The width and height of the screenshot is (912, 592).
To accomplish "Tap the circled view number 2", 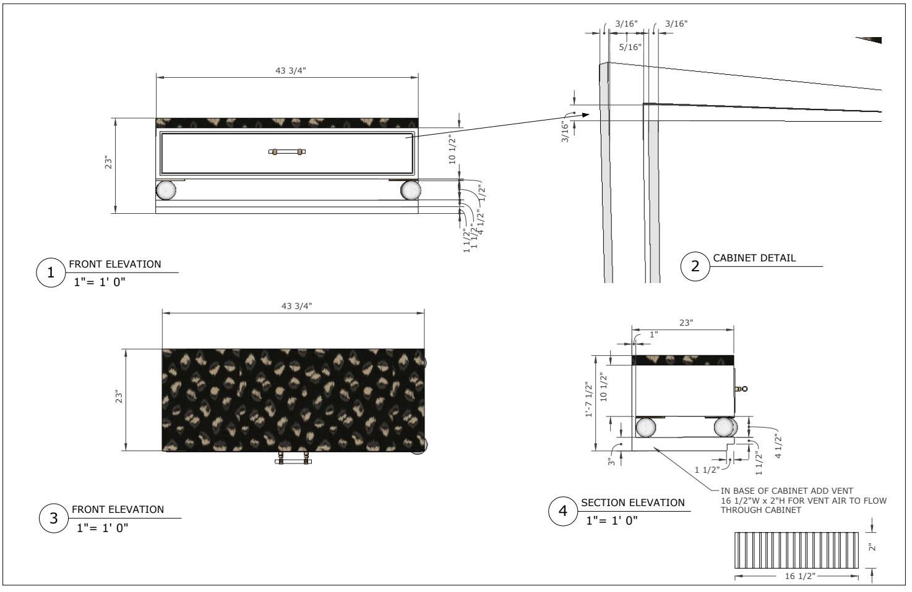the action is click(x=695, y=266).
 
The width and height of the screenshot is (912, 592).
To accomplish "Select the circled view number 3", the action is click(x=54, y=518).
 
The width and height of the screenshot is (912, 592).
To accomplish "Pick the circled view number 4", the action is click(x=563, y=511).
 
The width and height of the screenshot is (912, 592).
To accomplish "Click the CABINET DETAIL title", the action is click(x=754, y=258).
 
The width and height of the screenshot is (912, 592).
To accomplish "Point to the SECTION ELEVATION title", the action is click(x=632, y=502).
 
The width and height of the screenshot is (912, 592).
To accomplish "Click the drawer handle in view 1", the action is click(x=287, y=151).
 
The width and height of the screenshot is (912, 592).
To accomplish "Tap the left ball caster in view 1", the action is click(x=166, y=190).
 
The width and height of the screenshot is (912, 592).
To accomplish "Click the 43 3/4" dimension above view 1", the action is click(x=290, y=70).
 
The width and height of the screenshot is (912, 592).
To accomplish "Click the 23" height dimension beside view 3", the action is click(x=120, y=397).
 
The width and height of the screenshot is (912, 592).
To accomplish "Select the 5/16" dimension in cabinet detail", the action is click(x=630, y=47).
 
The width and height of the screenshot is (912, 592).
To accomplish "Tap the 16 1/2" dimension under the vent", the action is click(x=799, y=576).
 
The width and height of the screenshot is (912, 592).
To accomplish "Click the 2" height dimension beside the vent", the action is click(x=871, y=548).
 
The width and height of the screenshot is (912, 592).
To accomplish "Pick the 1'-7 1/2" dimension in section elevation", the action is click(x=590, y=400).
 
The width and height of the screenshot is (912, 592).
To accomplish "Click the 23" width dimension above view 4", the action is click(x=686, y=323).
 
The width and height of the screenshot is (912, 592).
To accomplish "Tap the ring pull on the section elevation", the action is click(x=741, y=389).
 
